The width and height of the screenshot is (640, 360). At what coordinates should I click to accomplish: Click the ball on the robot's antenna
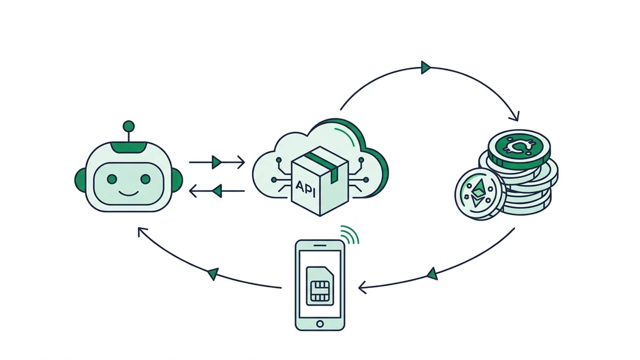pos(129,126)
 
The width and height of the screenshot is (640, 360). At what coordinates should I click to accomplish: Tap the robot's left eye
pos(112,179)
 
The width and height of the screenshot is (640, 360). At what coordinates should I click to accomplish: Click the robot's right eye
pos(145,179)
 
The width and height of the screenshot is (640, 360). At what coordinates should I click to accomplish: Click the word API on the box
pos(306,188)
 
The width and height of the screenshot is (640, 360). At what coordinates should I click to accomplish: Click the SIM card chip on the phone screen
pos(320,291)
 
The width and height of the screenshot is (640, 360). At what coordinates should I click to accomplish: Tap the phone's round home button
pos(320,323)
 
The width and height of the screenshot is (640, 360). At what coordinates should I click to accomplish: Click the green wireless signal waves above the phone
pos(350,234)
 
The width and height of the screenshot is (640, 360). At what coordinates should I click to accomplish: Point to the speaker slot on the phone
pos(320,245)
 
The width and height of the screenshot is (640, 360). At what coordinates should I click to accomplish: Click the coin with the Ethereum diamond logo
pos(478,194)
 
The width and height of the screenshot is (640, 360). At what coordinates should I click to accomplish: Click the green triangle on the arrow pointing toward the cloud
pos(217,162)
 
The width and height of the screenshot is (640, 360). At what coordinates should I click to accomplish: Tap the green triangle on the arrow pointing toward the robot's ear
pos(217,191)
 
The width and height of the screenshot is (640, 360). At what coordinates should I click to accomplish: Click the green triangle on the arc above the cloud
pos(426,67)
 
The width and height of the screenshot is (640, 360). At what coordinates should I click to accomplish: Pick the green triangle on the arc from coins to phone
pos(432,274)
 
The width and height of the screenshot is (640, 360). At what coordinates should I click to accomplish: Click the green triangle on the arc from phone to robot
pos(213,274)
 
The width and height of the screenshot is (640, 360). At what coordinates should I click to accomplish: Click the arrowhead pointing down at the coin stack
pos(515,117)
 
